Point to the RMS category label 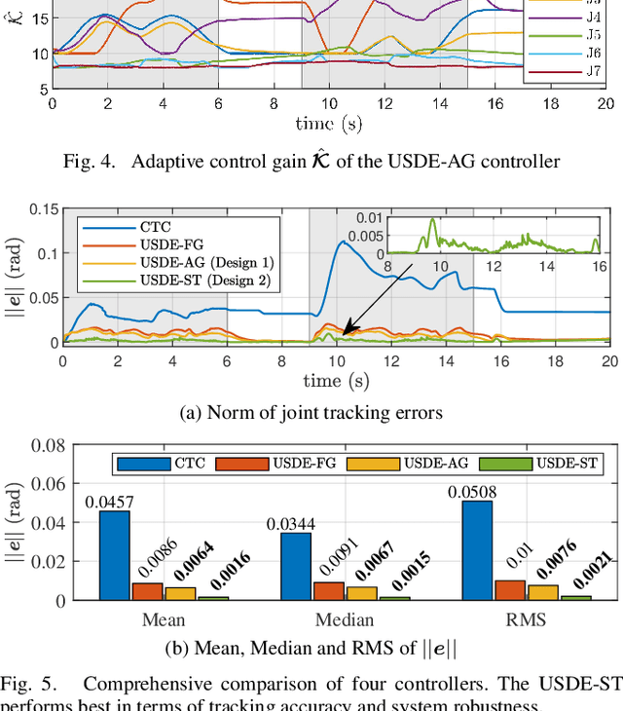[x=513, y=619]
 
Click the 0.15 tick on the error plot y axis [x=38, y=208]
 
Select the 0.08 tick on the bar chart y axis [x=38, y=446]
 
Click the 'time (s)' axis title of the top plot [x=328, y=124]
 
